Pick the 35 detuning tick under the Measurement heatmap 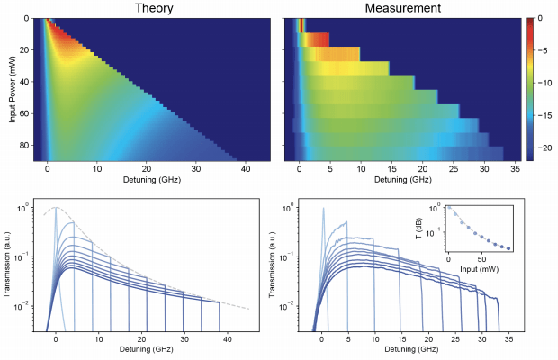[510, 168]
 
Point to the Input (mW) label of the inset [481, 267]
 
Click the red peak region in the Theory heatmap [56, 34]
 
